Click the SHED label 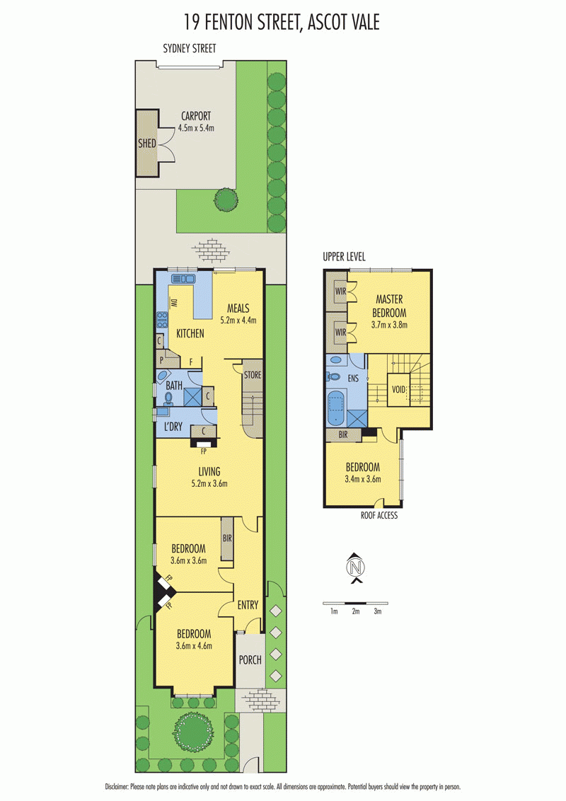[147, 144]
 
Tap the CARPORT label [196, 116]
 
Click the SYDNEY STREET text [190, 49]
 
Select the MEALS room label [238, 308]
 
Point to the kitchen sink [183, 279]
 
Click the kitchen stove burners [163, 320]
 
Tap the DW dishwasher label [173, 303]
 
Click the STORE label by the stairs [253, 375]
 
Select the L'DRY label [173, 427]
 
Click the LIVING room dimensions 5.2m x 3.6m [209, 483]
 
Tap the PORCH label [250, 660]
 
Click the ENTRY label [248, 605]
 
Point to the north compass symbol [356, 567]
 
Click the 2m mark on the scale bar [356, 611]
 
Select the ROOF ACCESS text [379, 515]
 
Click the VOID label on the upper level [398, 389]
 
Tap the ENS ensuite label [353, 379]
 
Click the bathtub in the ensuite [336, 408]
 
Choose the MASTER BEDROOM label [389, 306]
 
